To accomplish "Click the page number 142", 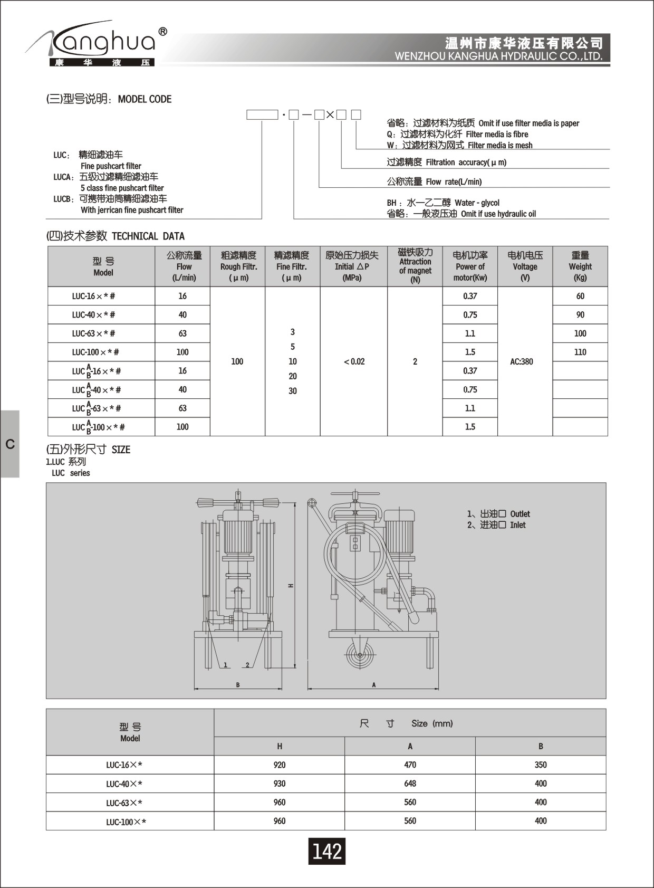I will (326, 851).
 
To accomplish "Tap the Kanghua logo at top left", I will (98, 45).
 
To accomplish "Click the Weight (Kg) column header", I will (580, 266).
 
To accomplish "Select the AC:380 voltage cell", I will (521, 361).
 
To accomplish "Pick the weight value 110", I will (580, 352).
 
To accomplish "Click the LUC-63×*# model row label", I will (93, 333).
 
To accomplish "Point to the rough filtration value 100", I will (237, 361).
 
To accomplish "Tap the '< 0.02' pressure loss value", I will (354, 361).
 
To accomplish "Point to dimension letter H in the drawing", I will (291, 586).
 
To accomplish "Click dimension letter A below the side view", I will (374, 685).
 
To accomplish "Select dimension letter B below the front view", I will (238, 685).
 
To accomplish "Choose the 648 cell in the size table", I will (410, 784).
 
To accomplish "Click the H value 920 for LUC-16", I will (280, 765).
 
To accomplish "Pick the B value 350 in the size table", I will (541, 765).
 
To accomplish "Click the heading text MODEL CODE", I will (145, 99).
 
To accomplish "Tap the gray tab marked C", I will (10, 444).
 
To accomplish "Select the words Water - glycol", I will (477, 203).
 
